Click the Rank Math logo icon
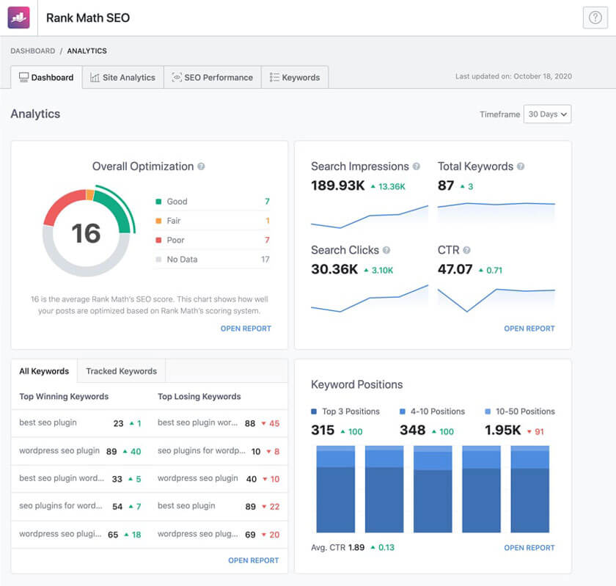click(x=19, y=18)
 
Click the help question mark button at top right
click(x=594, y=18)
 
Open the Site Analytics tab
click(x=122, y=77)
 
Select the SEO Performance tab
click(x=212, y=77)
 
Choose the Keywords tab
click(x=295, y=77)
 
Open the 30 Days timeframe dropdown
click(x=547, y=114)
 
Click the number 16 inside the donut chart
click(x=86, y=233)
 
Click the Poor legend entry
click(x=176, y=240)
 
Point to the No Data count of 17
click(x=265, y=259)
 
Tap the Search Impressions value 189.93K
click(x=337, y=186)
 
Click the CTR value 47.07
click(x=455, y=269)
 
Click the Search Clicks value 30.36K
click(x=334, y=269)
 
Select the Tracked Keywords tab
click(x=121, y=371)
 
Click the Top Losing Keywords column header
click(x=199, y=396)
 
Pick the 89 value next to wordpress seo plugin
click(x=111, y=451)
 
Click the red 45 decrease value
click(x=274, y=423)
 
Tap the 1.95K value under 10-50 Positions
click(x=503, y=431)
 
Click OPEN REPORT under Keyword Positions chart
click(x=529, y=547)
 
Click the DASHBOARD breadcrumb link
click(x=32, y=51)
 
